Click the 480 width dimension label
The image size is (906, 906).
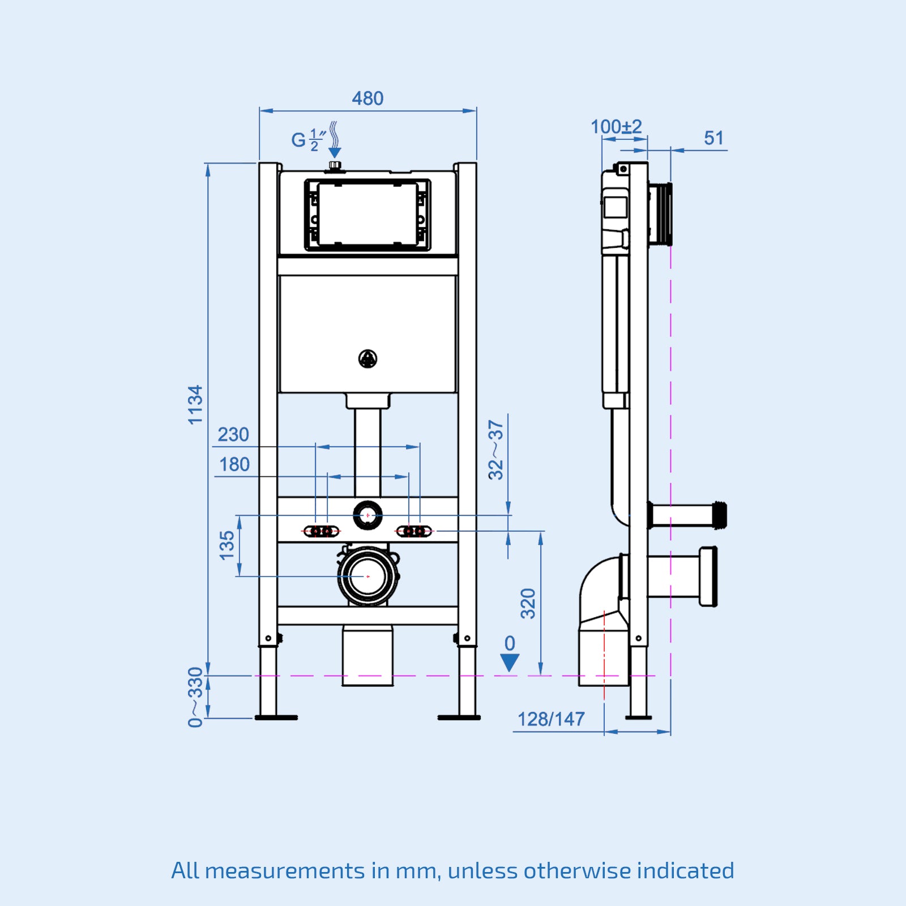point(367,99)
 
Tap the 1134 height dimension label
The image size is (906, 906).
point(195,404)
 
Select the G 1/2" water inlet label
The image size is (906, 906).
point(307,140)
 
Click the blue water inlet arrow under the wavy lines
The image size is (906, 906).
point(335,152)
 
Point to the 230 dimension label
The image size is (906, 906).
point(233,434)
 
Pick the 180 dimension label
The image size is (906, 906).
point(234,464)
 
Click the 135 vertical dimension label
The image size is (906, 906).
point(226,545)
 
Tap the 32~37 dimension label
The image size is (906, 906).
point(496,450)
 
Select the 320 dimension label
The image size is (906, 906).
point(528,603)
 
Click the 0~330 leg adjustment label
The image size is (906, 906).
point(195,696)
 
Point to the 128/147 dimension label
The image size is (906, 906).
point(551,719)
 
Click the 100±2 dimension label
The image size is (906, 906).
point(616,127)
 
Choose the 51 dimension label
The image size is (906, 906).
point(713,138)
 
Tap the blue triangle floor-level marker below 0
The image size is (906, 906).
point(510,662)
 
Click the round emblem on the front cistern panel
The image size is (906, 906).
point(368,358)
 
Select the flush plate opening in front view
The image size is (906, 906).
point(367,215)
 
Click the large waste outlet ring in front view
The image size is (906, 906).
point(368,576)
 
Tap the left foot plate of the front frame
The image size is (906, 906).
point(276,717)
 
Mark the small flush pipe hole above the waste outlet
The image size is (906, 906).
point(368,515)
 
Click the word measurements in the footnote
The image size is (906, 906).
point(285,871)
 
